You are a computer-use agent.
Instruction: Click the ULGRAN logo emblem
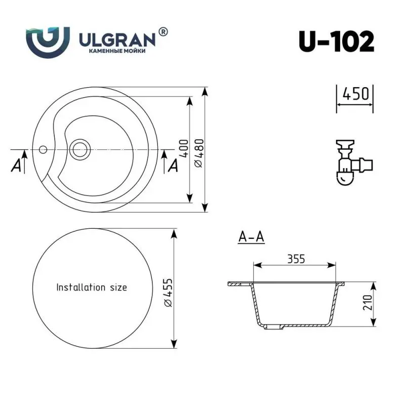tap(47, 40)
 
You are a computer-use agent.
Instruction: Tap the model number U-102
tap(336, 41)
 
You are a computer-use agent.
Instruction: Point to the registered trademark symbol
tap(163, 31)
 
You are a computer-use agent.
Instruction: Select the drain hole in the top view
tap(80, 149)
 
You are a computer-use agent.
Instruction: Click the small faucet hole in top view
tap(43, 149)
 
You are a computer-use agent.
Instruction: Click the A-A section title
tap(251, 237)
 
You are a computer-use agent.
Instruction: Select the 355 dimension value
tap(296, 259)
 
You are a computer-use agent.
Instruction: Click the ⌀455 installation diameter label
tap(169, 291)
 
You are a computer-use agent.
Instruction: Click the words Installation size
tap(92, 287)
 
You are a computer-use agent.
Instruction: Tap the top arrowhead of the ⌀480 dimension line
tap(205, 91)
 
